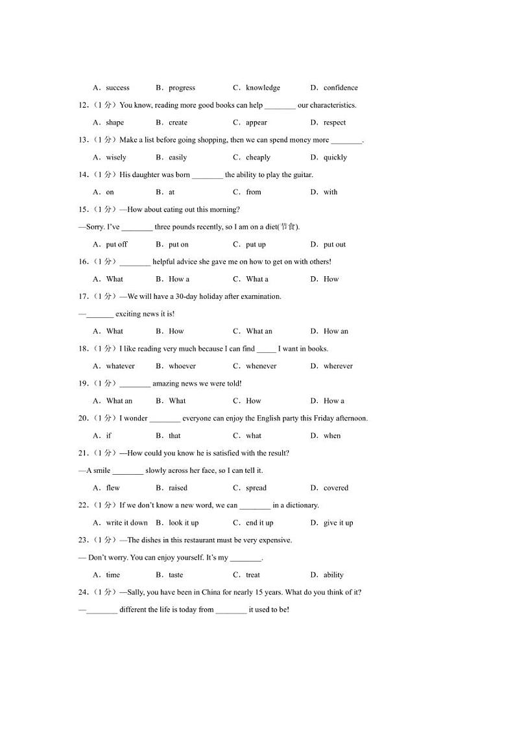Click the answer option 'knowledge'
263,88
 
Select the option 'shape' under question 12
115,123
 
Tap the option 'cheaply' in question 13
258,158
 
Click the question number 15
83,209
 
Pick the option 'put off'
117,245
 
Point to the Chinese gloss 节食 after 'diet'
289,227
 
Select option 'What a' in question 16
257,280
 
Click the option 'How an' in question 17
336,331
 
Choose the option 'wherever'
338,366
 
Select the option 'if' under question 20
109,436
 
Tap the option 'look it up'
184,523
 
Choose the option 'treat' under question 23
253,575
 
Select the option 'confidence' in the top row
341,88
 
